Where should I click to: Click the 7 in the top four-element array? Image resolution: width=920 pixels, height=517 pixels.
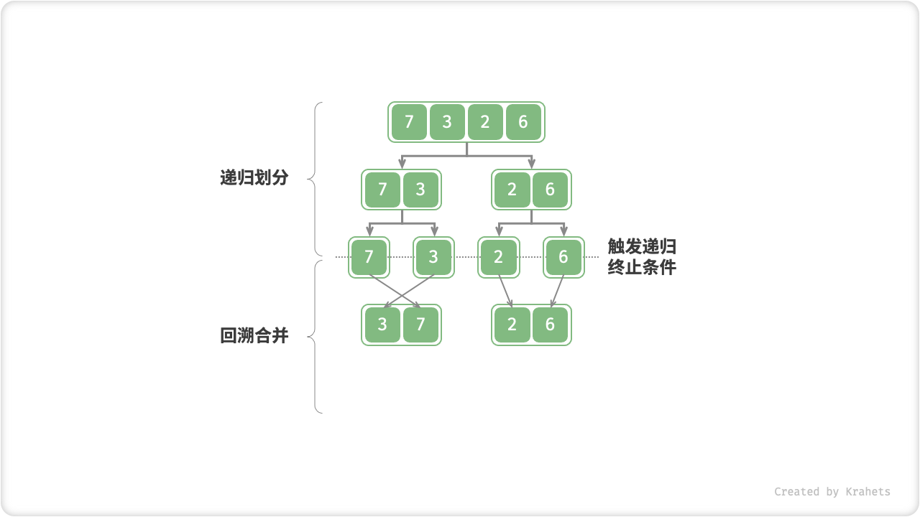click(409, 122)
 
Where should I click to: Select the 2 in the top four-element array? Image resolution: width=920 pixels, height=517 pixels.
click(485, 122)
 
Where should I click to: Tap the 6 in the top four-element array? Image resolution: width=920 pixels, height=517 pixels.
click(523, 122)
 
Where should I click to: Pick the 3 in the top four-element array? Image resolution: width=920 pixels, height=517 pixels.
click(447, 122)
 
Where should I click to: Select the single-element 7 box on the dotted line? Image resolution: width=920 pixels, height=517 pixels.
click(369, 257)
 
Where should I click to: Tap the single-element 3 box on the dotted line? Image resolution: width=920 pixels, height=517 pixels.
click(433, 257)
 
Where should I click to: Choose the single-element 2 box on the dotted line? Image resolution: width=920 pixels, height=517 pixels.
click(499, 257)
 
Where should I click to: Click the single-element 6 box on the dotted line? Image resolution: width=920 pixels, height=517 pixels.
click(563, 257)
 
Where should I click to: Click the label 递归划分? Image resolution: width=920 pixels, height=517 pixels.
click(254, 178)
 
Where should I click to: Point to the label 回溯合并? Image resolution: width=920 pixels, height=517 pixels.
click(254, 335)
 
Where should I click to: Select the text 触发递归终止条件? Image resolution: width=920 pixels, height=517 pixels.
click(642, 257)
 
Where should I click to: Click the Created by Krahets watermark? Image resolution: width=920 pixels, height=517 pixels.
click(832, 492)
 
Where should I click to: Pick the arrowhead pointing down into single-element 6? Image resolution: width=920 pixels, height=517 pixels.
click(563, 232)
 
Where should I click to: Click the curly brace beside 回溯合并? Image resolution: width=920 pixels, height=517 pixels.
click(315, 336)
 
